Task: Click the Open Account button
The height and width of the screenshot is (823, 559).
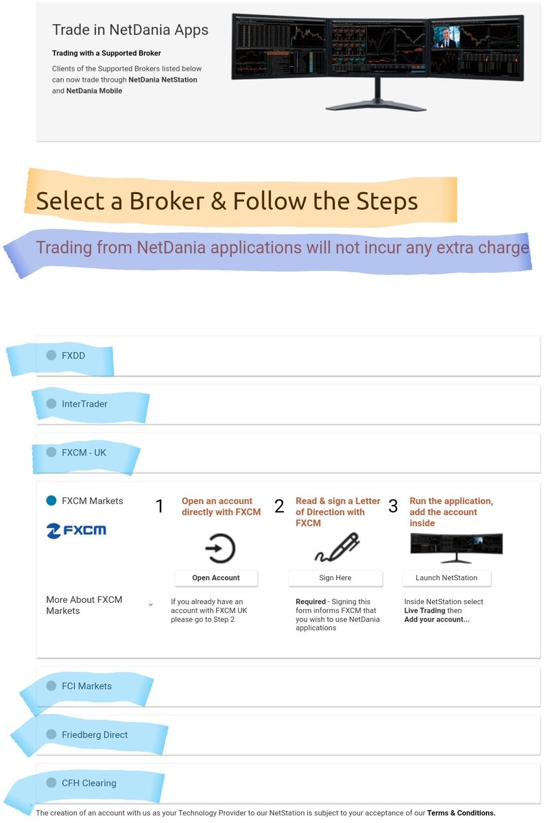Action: [x=216, y=578]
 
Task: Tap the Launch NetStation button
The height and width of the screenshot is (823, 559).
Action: [x=447, y=578]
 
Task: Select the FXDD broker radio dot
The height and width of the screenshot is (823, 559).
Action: [x=51, y=355]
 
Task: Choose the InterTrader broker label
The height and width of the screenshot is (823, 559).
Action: [x=84, y=404]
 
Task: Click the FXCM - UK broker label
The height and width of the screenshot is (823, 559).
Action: [x=84, y=452]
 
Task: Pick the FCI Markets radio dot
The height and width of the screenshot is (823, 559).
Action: [x=51, y=686]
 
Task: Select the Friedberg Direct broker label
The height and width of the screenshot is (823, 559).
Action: [x=95, y=735]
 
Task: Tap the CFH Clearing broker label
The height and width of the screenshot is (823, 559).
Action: [x=89, y=783]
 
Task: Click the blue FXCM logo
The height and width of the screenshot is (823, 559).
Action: [x=76, y=531]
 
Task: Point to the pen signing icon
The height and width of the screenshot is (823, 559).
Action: [x=337, y=547]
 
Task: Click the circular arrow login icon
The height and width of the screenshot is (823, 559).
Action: [x=220, y=549]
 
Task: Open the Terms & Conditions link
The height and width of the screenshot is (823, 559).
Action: [x=461, y=813]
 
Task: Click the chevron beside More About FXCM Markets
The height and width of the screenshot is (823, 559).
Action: [x=150, y=604]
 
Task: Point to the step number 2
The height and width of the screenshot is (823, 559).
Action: [x=279, y=506]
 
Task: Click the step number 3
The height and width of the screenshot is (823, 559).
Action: [x=393, y=506]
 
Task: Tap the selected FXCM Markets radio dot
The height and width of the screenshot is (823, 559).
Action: [x=51, y=501]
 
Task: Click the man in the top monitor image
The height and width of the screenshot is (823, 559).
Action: [x=446, y=37]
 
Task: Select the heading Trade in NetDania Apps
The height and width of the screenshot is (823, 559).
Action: [x=130, y=29]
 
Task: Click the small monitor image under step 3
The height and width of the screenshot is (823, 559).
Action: [x=457, y=548]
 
